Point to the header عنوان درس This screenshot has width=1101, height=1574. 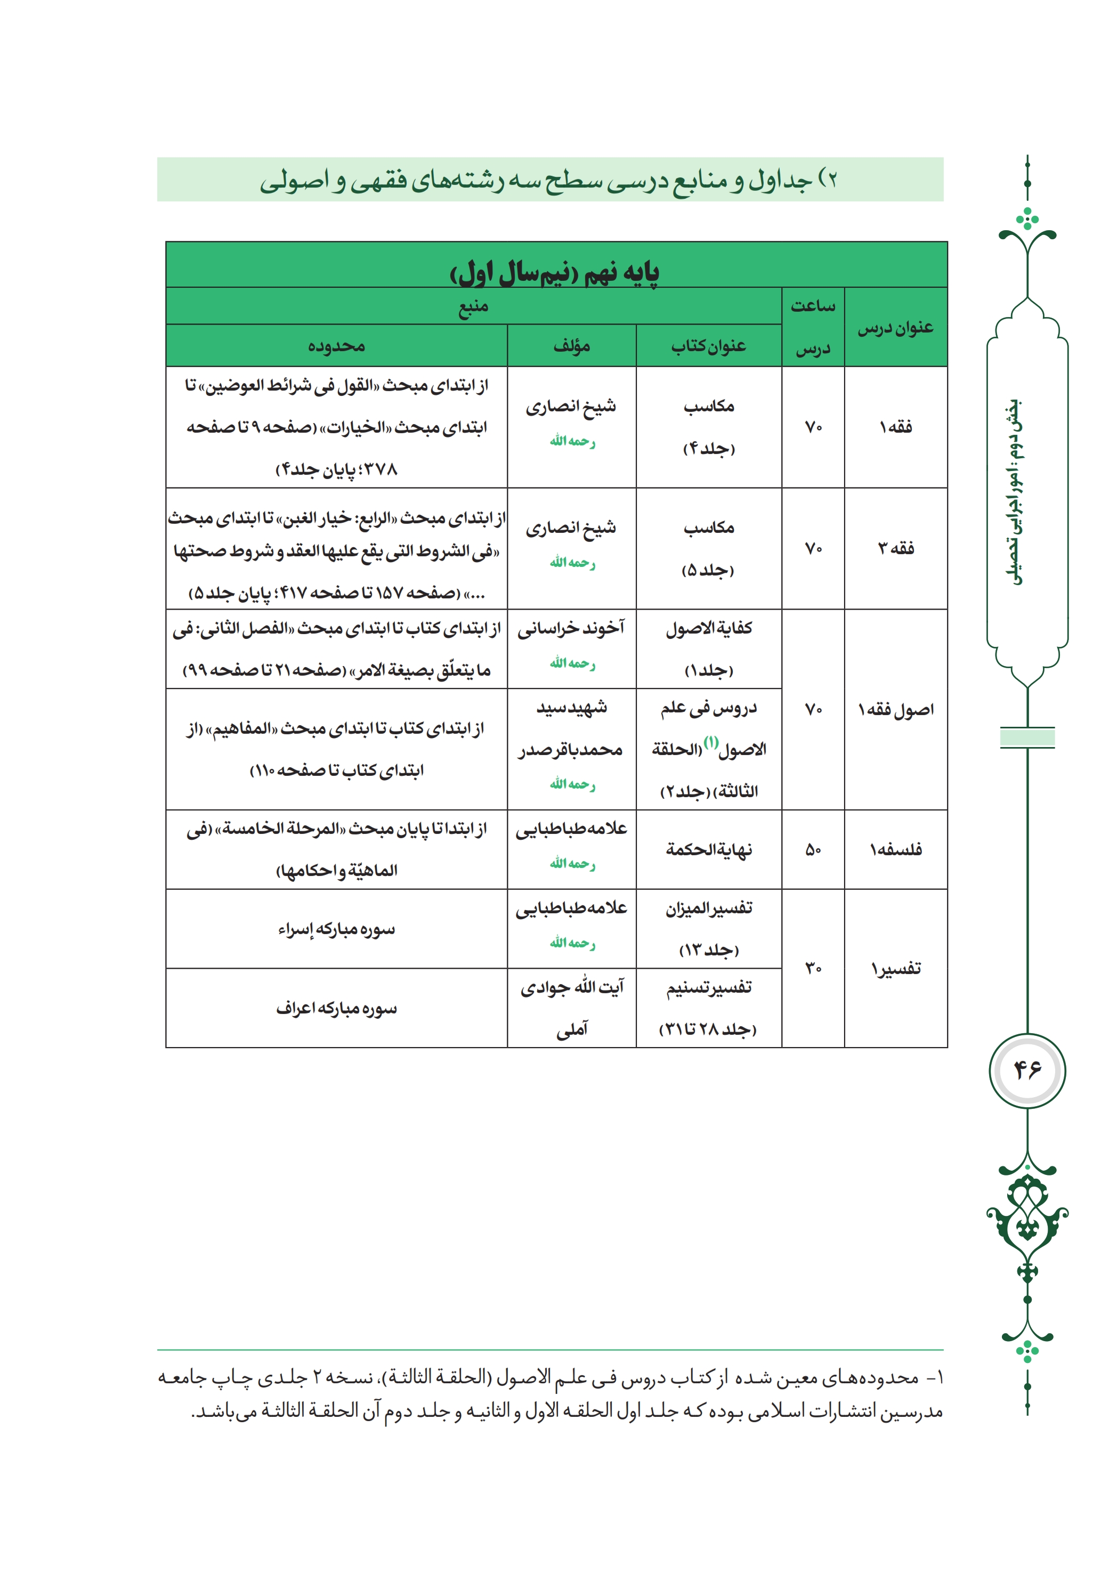(895, 328)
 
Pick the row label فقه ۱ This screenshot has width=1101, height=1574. (895, 427)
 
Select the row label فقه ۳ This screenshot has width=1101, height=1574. (895, 548)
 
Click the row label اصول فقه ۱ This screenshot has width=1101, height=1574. (895, 710)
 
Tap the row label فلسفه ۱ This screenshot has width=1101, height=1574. (895, 850)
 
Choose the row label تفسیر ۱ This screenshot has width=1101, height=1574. (895, 969)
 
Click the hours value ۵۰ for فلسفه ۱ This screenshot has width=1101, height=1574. (813, 850)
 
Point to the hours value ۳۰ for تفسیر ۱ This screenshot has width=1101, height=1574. (813, 969)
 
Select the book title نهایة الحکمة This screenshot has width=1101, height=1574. (708, 850)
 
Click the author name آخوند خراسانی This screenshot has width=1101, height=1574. (571, 628)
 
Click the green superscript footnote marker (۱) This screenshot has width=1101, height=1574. (711, 742)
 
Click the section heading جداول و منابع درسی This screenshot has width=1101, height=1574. (548, 180)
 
